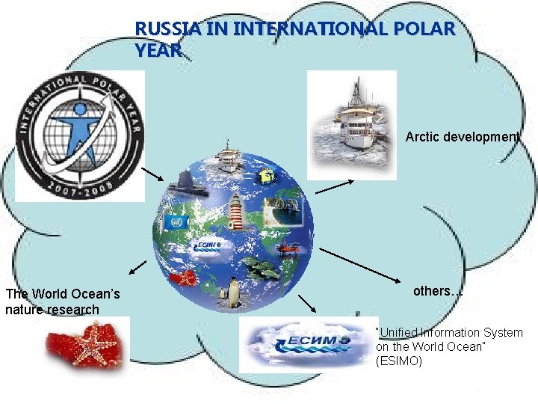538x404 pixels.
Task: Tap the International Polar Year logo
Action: coord(81,135)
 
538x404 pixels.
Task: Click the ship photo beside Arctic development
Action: coord(352,123)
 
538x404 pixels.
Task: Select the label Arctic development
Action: coord(462,138)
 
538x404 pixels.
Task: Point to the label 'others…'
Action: coord(437,291)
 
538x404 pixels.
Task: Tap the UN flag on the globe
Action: coord(178,223)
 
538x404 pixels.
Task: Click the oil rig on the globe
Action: coord(267,178)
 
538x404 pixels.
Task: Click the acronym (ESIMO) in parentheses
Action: coord(399,361)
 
